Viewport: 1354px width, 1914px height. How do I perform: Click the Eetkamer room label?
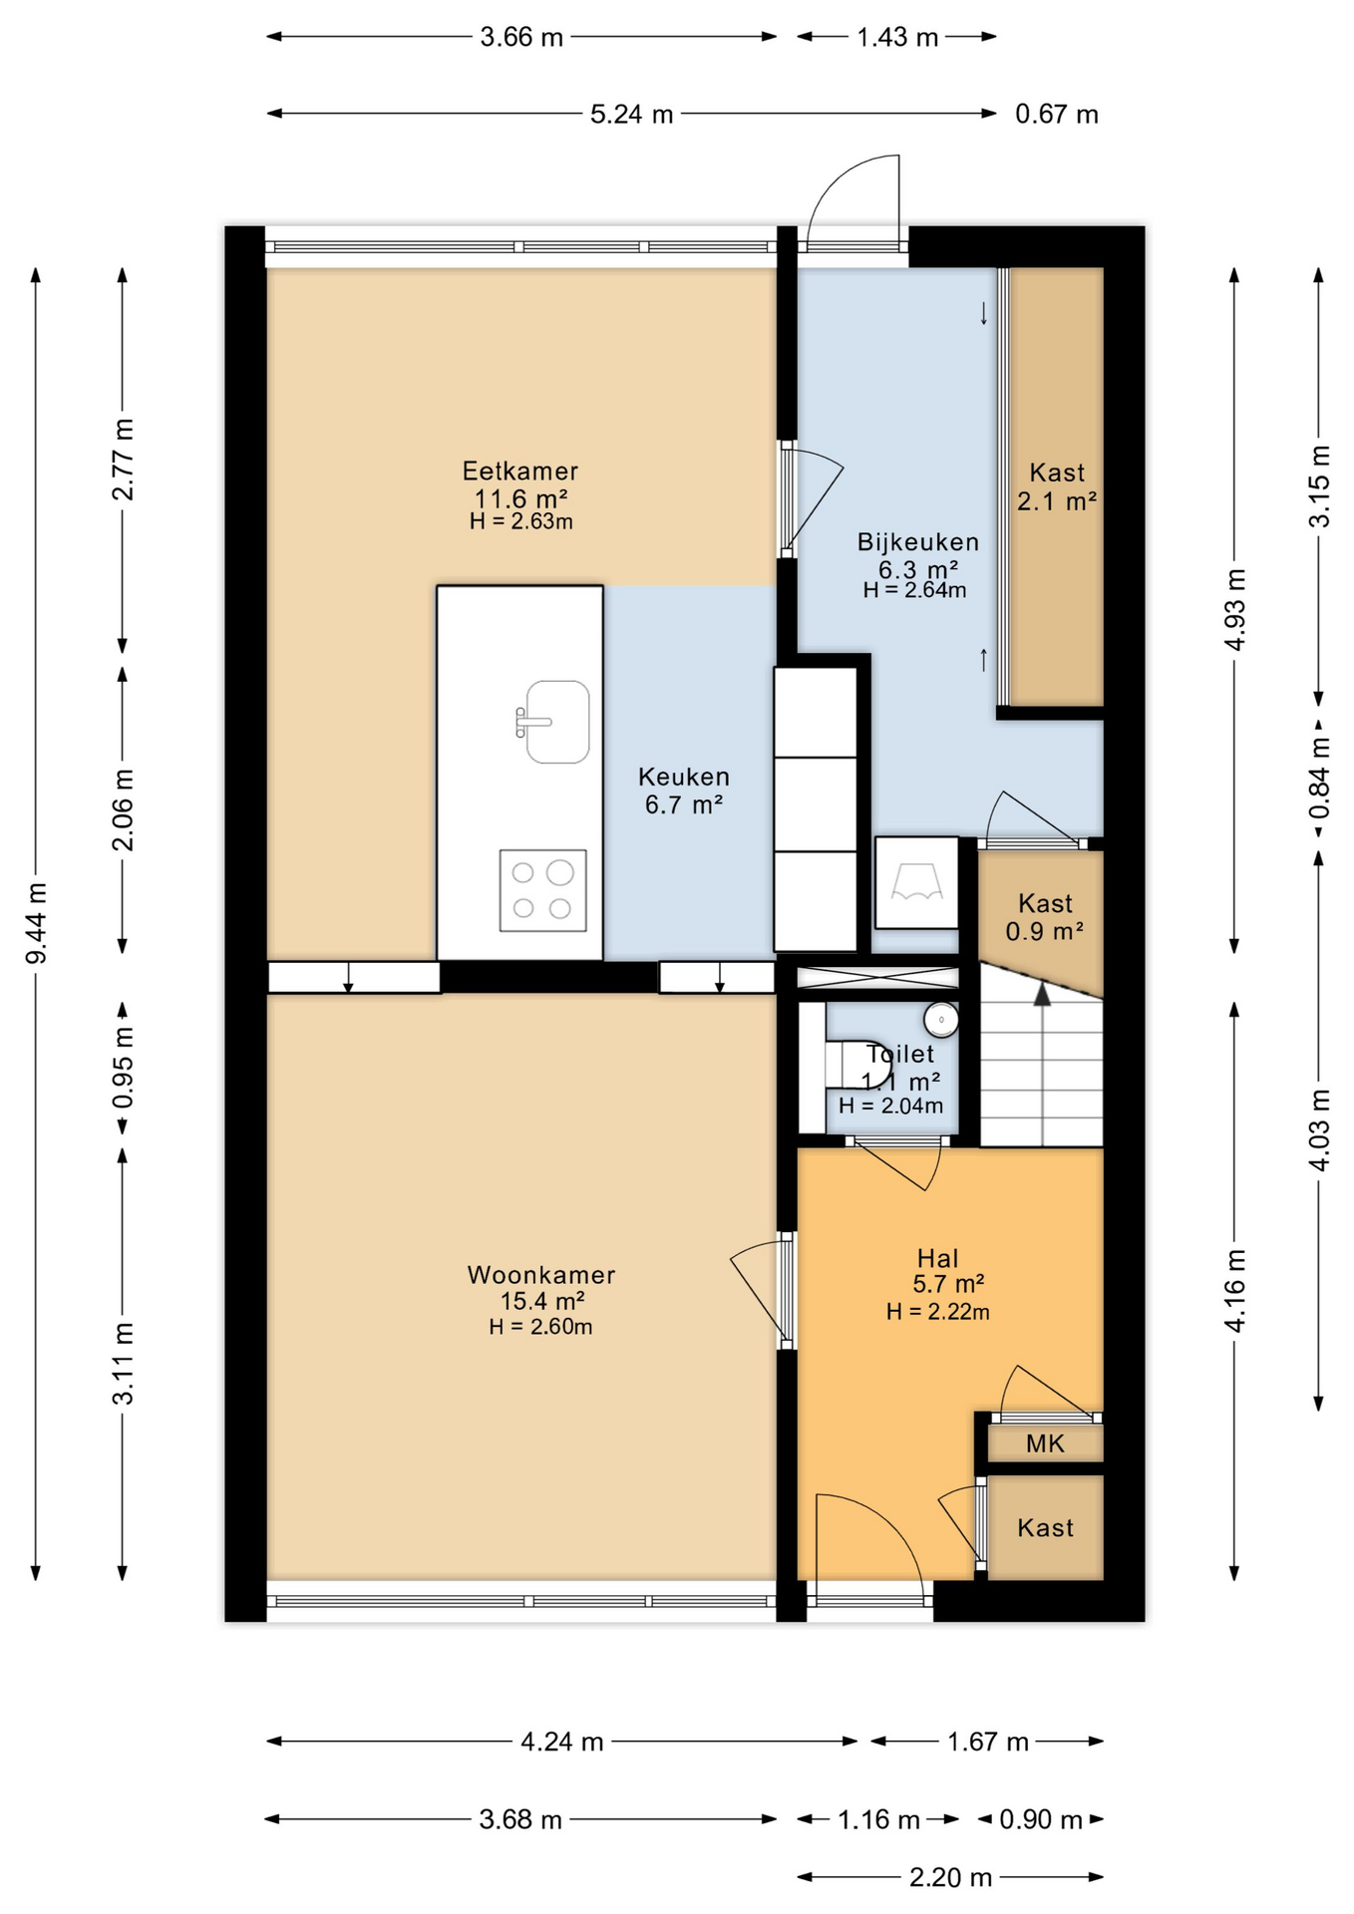519,472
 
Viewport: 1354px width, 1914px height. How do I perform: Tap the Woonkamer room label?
541,1275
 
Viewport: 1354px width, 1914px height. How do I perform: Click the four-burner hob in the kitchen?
542,890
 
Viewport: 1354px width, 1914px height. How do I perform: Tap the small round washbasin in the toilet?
941,1020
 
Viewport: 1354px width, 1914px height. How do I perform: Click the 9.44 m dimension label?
37,923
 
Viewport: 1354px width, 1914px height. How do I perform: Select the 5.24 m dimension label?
631,115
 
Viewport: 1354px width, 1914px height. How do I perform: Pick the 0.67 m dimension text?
1057,115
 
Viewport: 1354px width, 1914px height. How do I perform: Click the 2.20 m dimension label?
950,1878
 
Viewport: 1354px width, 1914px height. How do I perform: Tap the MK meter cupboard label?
1045,1443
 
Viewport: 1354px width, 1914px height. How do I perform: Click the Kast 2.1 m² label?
1057,486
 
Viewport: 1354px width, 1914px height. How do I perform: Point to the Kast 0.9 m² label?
1045,917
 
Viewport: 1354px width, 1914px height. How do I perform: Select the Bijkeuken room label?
918,542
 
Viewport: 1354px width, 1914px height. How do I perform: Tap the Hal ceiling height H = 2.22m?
938,1312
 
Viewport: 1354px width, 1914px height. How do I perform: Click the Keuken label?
684,777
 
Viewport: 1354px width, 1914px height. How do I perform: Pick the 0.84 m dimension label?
1319,777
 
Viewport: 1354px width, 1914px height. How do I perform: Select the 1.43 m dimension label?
897,38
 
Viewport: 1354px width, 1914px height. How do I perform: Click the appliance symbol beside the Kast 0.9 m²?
917,883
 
